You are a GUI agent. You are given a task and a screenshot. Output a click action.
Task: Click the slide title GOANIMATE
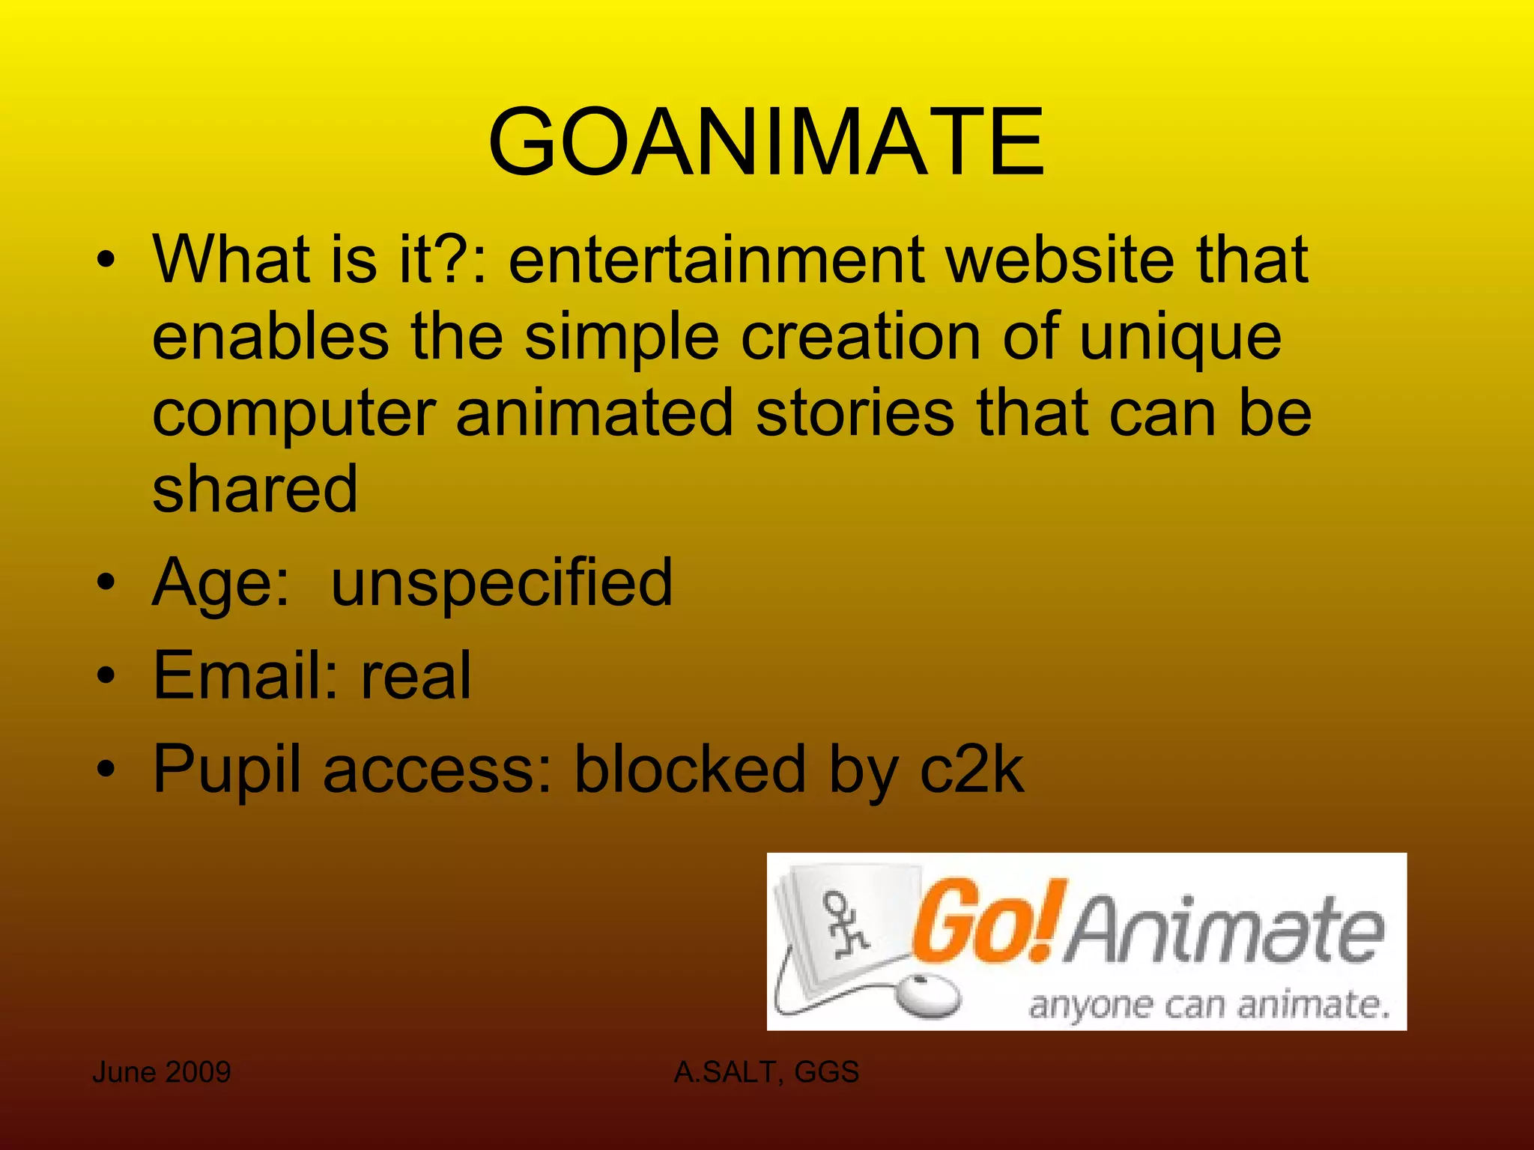coord(766,142)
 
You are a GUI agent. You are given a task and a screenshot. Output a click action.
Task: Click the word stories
coord(855,413)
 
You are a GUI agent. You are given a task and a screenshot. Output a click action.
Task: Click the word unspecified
coord(502,584)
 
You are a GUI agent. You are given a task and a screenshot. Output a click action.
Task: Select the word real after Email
coord(416,675)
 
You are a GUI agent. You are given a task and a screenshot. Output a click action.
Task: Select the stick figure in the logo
coord(844,924)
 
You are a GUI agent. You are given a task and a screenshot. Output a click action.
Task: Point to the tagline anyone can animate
coord(1209,1004)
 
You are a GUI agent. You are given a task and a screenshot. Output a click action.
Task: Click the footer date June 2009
coord(161,1072)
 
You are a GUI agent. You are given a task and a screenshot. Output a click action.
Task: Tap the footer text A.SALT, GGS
coord(766,1072)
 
